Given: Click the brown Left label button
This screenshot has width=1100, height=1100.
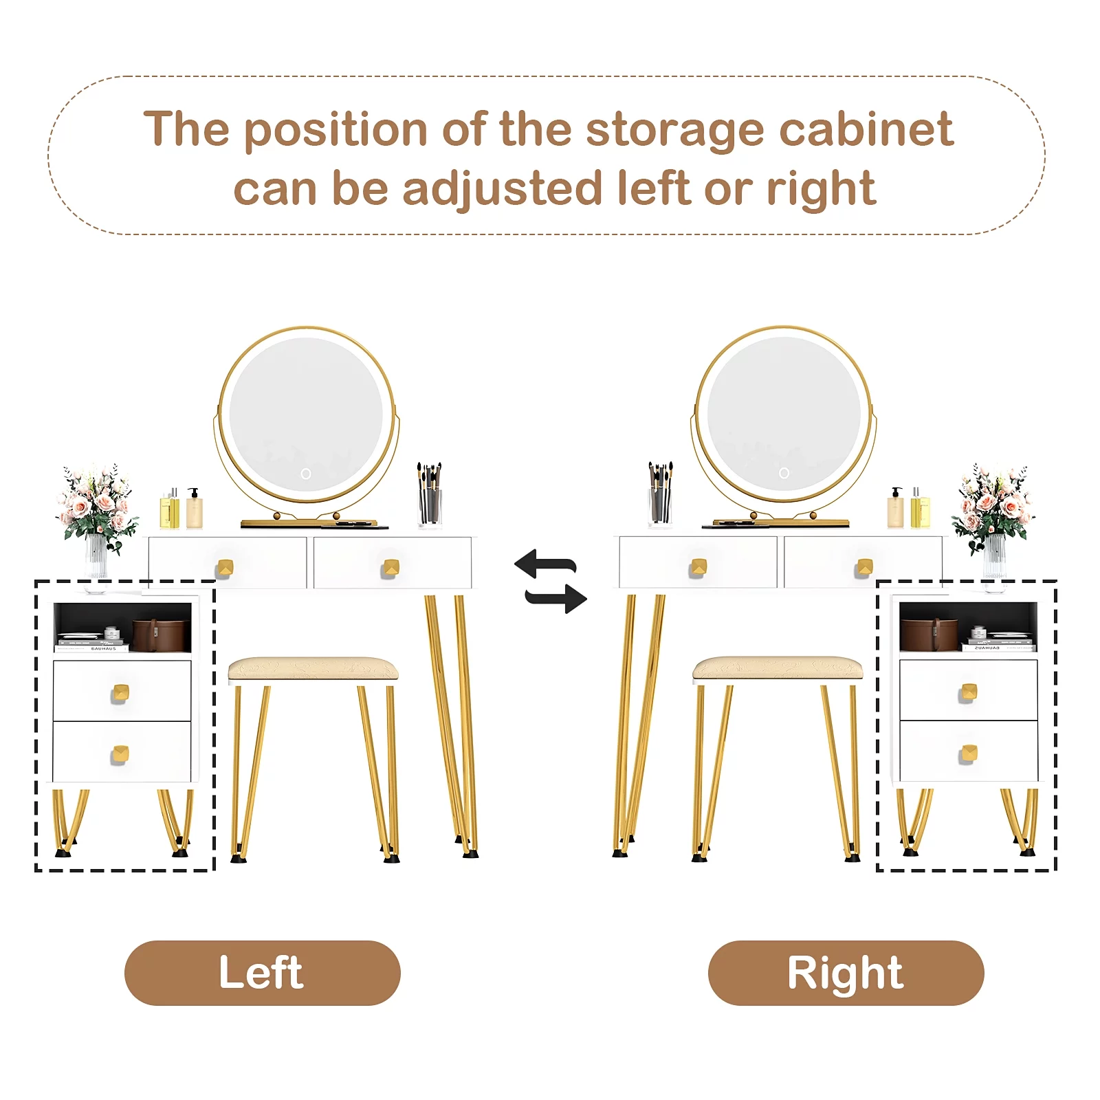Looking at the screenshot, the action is point(262,973).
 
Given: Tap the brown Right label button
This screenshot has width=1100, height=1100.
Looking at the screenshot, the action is point(846,973).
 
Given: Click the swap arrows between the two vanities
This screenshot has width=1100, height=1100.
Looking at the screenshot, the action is point(551,582).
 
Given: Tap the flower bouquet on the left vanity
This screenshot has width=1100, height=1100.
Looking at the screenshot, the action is point(96,509).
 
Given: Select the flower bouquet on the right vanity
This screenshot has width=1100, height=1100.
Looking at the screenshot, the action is point(993,509).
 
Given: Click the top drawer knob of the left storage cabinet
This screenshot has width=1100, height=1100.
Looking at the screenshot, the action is point(120,693).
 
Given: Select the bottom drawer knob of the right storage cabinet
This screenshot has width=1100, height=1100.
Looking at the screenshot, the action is point(969,753).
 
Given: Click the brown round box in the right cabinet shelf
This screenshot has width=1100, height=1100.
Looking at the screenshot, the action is point(929,635).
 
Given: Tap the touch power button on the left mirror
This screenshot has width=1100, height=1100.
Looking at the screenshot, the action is point(306,474).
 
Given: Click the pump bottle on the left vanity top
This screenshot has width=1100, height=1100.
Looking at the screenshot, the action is point(195,508).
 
